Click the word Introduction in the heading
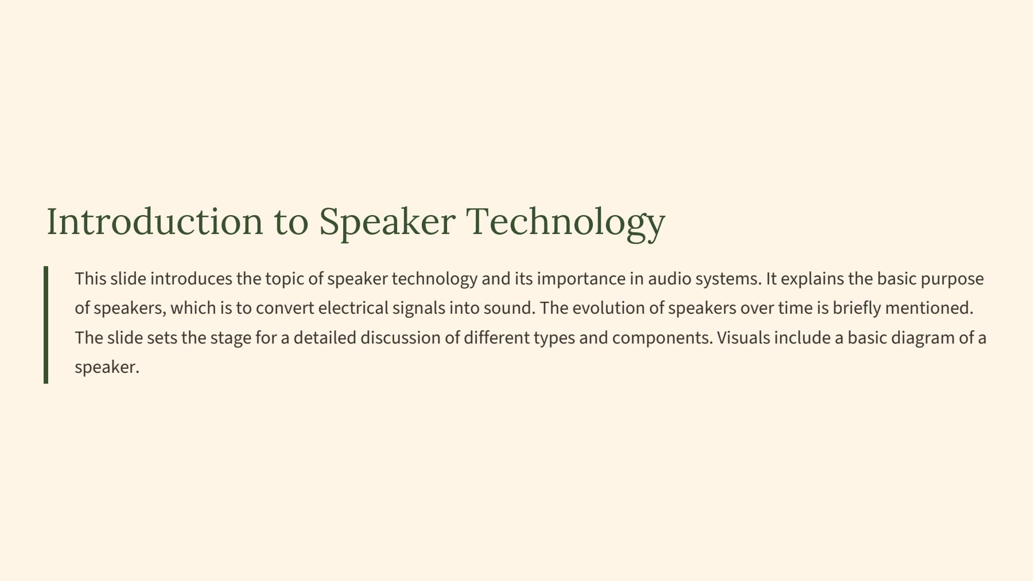pyautogui.click(x=154, y=221)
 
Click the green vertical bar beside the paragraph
pyautogui.click(x=46, y=325)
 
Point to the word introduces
pyautogui.click(x=191, y=279)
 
